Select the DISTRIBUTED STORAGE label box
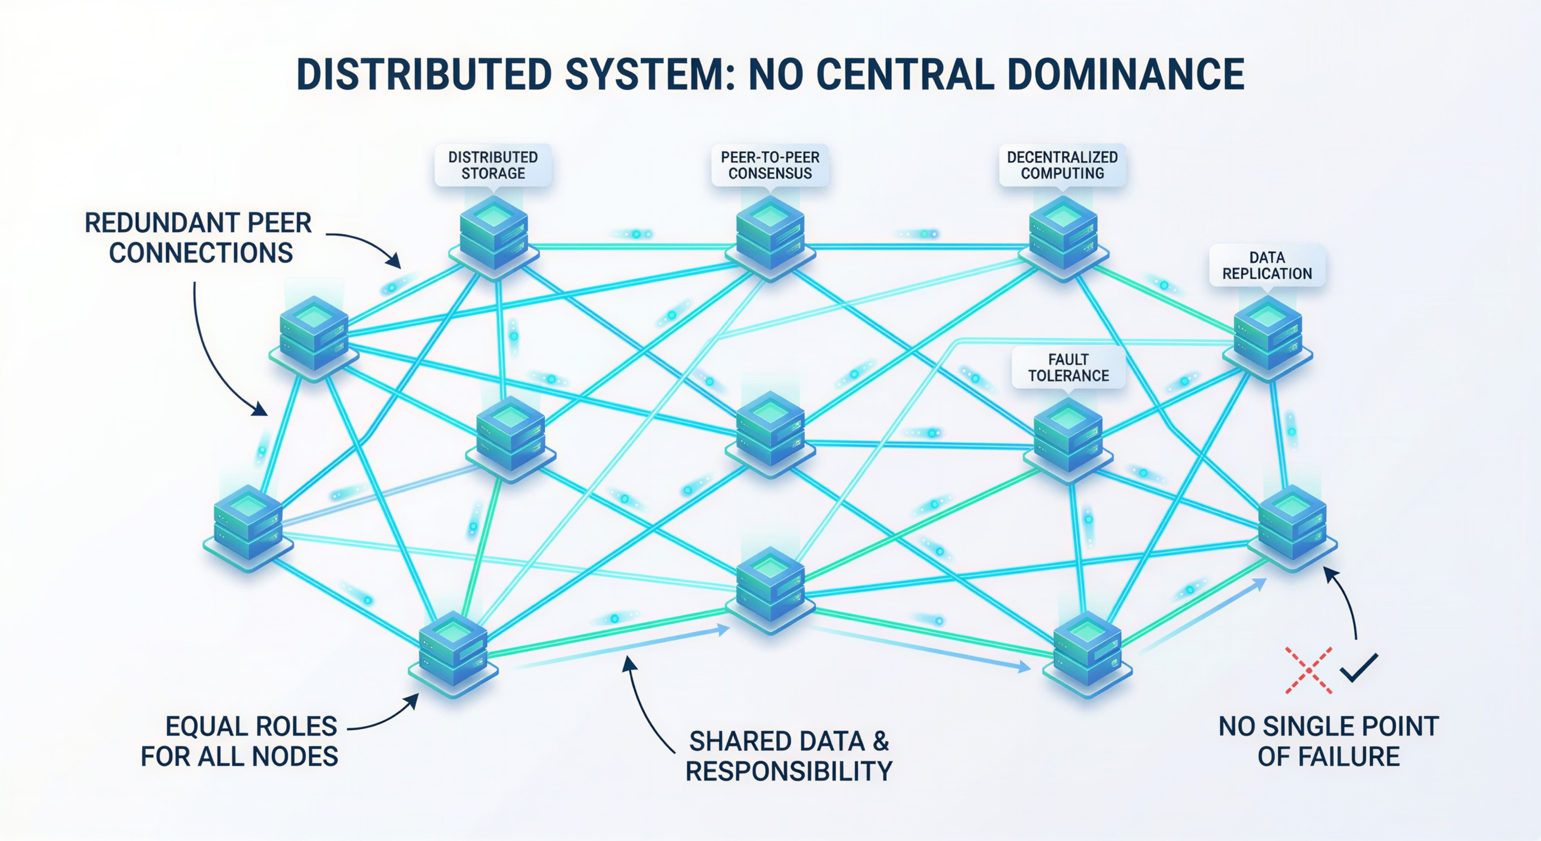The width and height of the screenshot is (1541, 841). coord(493,165)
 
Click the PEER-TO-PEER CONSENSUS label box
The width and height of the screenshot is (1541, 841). coord(770,165)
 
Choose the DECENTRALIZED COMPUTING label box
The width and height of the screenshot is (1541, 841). coord(1062,165)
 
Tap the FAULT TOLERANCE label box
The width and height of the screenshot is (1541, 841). coord(1068,368)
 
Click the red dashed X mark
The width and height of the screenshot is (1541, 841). coord(1309,670)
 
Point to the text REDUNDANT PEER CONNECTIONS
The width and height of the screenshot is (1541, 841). coord(199,238)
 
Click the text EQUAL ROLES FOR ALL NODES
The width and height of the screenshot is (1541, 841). coord(239,742)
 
